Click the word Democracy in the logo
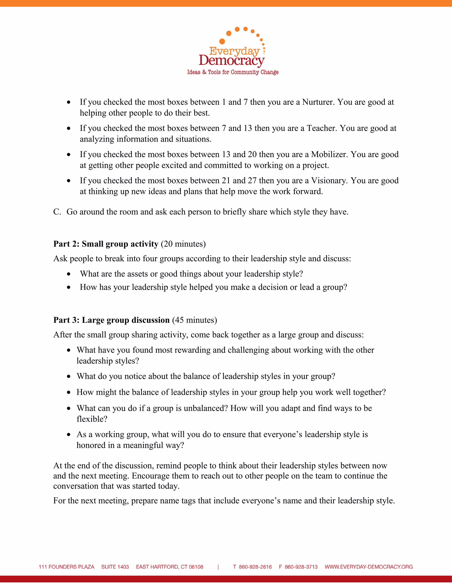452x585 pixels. pyautogui.click(x=232, y=61)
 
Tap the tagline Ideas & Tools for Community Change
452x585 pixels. pyautogui.click(x=233, y=72)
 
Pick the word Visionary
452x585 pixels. pyautogui.click(x=329, y=181)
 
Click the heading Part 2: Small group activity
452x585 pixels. pyautogui.click(x=106, y=244)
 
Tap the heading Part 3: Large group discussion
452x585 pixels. pyautogui.click(x=111, y=320)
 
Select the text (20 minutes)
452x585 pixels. pyautogui.click(x=183, y=244)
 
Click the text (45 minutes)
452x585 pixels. pyautogui.click(x=194, y=320)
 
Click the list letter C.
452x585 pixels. pyautogui.click(x=57, y=212)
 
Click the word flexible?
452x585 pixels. pyautogui.click(x=92, y=419)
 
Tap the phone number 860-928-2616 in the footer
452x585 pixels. pyautogui.click(x=255, y=567)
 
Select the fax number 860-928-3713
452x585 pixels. pyautogui.click(x=301, y=567)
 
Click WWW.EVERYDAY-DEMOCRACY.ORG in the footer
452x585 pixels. pyautogui.click(x=369, y=567)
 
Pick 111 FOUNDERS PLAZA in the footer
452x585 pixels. pyautogui.click(x=66, y=567)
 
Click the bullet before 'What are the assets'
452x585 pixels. pyautogui.click(x=69, y=274)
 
